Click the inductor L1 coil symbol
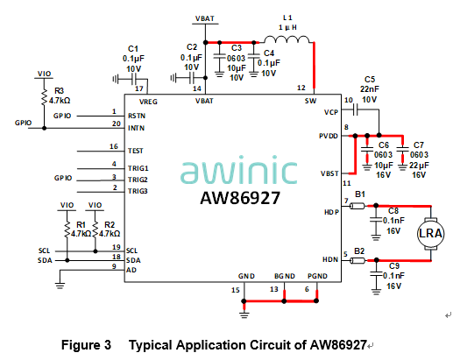coord(287,39)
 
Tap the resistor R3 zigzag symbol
coord(45,96)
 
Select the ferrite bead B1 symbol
coord(357,206)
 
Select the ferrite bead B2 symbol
coord(357,260)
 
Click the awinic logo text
coord(239,169)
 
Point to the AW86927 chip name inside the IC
coord(240,198)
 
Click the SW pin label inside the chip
coord(310,101)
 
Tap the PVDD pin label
coord(329,136)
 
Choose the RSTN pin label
coord(137,116)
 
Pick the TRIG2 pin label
coord(138,180)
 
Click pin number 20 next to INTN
coord(117,124)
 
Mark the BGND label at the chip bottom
coord(284,276)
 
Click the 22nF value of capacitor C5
coord(370,89)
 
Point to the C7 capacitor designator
coord(419,145)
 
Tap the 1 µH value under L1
coord(287,27)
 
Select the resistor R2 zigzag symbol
coord(95,229)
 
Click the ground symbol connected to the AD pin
coord(60,286)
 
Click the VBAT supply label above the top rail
coord(205,18)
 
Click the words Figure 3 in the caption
coord(86,345)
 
